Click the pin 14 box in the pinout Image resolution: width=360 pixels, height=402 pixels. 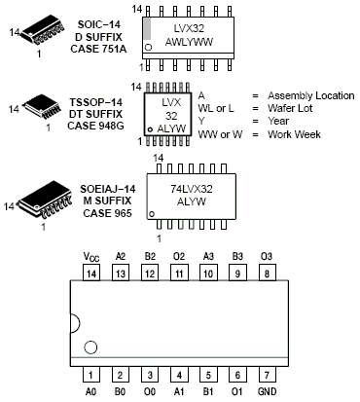91,274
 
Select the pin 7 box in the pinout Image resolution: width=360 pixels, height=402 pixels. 267,375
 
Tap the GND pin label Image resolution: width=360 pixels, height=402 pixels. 268,391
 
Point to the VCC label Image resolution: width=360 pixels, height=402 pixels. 91,257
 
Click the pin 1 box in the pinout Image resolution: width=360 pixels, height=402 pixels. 91,375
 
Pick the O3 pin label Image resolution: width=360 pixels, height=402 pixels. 267,257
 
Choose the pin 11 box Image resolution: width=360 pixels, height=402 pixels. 179,274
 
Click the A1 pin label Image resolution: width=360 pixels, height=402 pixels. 179,391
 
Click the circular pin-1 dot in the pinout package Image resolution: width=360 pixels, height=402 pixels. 90,347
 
